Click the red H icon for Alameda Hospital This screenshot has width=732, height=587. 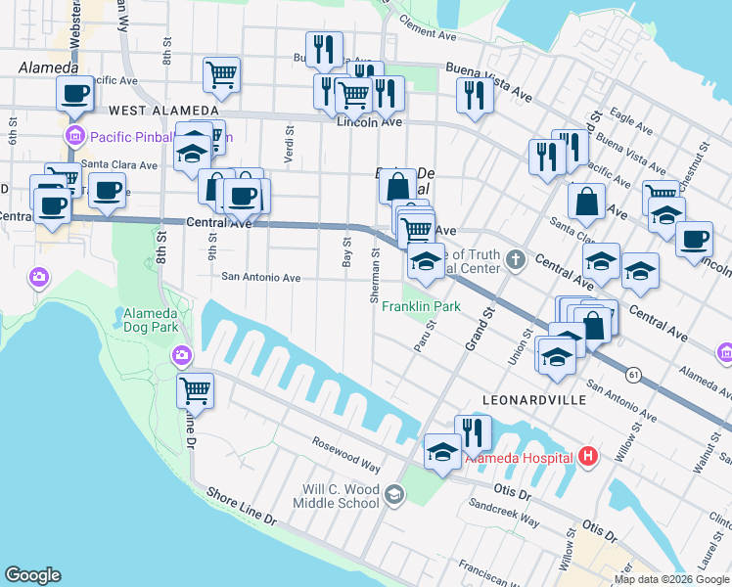[587, 456]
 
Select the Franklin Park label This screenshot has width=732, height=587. [421, 306]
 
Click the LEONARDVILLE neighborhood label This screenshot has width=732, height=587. [533, 401]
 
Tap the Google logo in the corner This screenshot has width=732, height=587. [32, 575]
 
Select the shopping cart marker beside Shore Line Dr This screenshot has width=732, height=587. [195, 390]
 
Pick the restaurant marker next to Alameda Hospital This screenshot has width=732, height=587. [473, 431]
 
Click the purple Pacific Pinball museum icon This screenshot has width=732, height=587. [71, 136]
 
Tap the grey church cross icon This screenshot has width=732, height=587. [518, 260]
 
